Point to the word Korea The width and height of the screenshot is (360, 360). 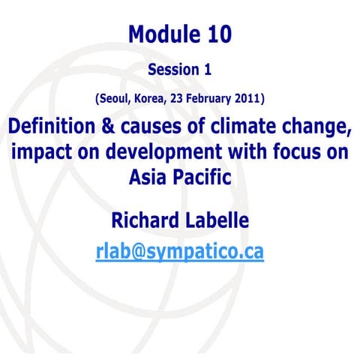coord(149,98)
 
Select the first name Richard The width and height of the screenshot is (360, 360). coord(144,220)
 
